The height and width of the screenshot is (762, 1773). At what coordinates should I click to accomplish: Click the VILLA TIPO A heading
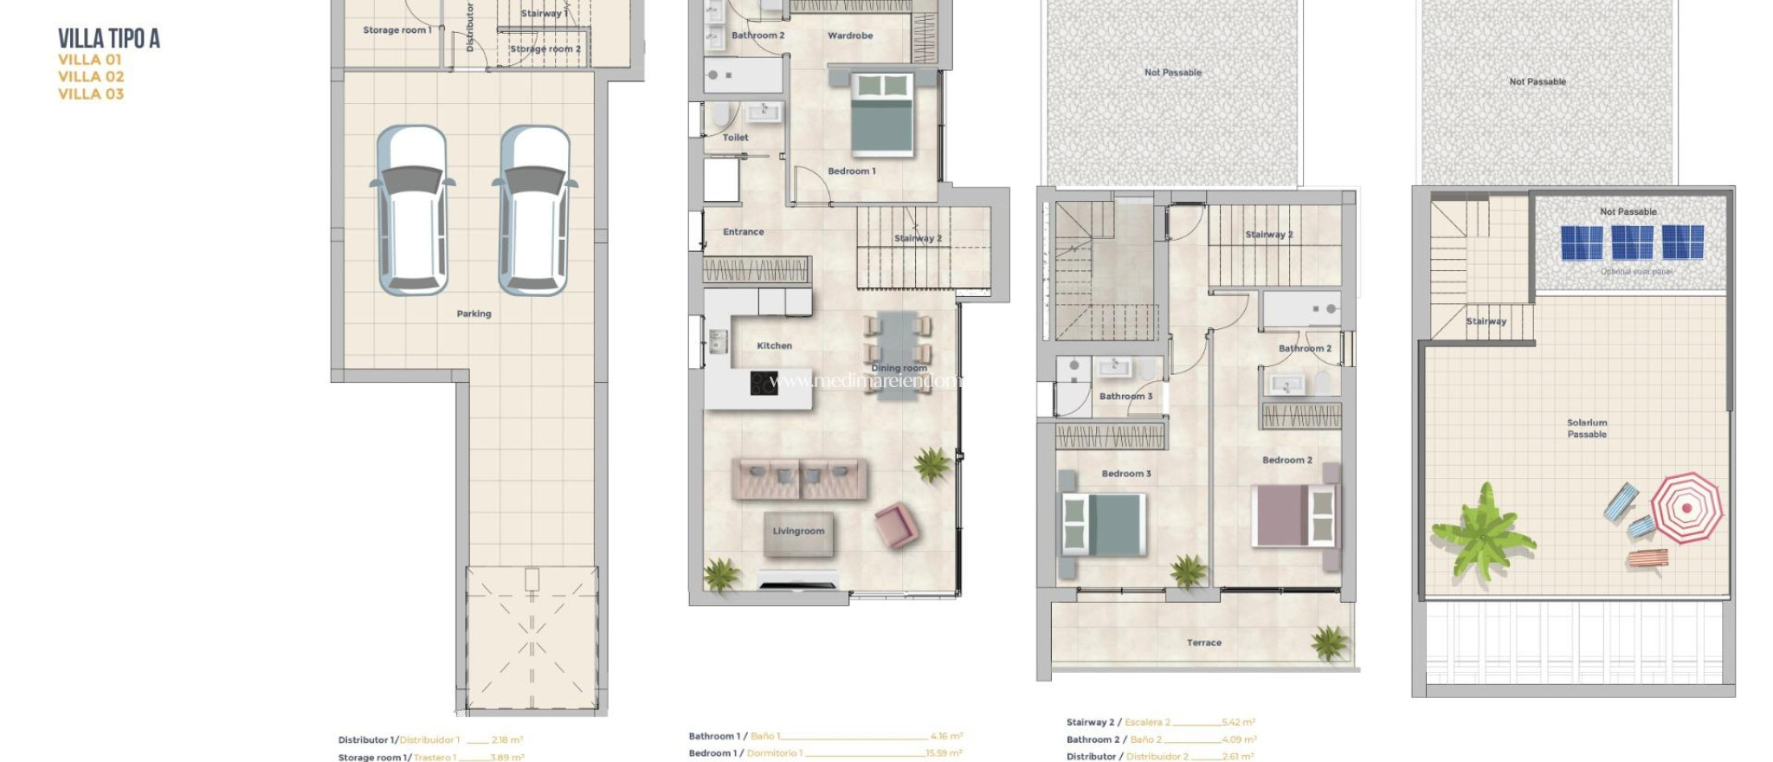(x=109, y=39)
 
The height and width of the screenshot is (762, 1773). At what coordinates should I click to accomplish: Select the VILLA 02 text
(x=91, y=77)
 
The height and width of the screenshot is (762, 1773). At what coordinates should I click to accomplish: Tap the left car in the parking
(x=413, y=210)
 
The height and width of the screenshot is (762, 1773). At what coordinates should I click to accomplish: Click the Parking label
(x=474, y=314)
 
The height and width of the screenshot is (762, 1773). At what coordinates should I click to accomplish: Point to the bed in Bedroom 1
(x=882, y=116)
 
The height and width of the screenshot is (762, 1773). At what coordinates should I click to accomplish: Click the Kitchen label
(x=774, y=345)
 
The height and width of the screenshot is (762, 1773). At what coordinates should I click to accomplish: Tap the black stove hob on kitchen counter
(x=764, y=383)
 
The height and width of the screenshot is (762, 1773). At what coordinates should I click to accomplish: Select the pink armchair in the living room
(x=896, y=525)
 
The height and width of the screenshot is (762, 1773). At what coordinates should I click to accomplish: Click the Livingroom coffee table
(x=798, y=532)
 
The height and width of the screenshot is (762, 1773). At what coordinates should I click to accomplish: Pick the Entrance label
(x=743, y=232)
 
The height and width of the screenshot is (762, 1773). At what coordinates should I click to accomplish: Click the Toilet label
(x=735, y=138)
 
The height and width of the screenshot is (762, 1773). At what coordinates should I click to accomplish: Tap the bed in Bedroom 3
(x=1104, y=525)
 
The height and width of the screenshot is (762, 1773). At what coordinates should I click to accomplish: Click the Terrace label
(x=1203, y=643)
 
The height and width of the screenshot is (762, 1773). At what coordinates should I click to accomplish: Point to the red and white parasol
(x=1685, y=507)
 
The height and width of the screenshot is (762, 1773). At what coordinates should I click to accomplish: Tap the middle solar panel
(x=1632, y=242)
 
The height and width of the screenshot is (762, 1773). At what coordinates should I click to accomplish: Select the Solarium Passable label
(x=1586, y=429)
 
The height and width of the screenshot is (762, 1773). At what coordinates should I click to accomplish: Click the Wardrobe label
(x=849, y=36)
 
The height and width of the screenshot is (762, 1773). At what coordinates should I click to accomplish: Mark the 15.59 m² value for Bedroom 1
(x=944, y=753)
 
